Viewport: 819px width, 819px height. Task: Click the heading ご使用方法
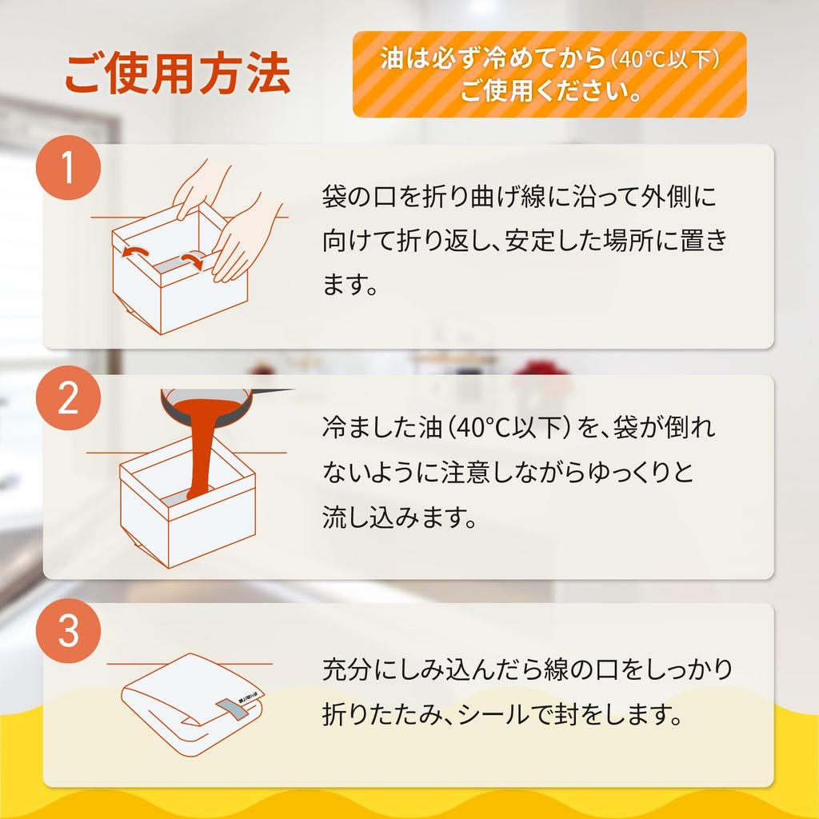coord(178,74)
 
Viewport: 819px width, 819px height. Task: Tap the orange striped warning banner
coord(549,74)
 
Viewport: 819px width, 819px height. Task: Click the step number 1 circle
coord(68,168)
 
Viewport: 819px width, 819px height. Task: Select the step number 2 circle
coord(68,398)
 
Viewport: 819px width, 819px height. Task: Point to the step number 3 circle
coord(68,631)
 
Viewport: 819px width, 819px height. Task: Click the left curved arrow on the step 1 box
coord(134,252)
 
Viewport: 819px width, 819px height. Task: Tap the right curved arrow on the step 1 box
coord(192,259)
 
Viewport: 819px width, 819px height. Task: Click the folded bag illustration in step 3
coord(192,705)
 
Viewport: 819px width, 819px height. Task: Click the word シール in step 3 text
coord(493,714)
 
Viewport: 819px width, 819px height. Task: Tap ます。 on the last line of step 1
coord(349,286)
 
